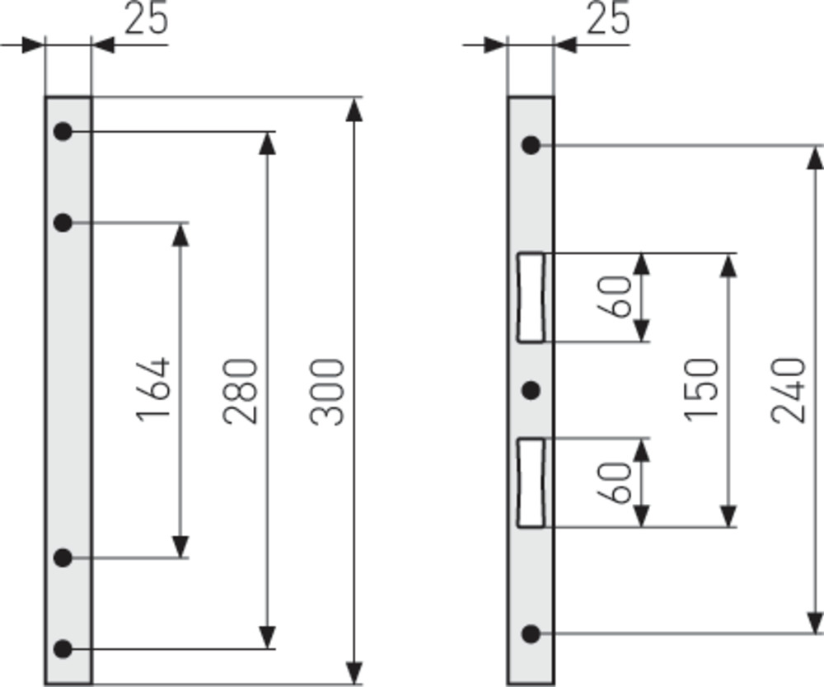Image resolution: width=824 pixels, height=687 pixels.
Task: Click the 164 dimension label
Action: pos(153,390)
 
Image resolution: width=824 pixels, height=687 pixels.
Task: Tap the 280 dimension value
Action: pos(240,391)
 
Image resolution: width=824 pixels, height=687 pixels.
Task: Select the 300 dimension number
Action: pos(327,392)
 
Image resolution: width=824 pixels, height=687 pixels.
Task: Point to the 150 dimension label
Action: pos(701,389)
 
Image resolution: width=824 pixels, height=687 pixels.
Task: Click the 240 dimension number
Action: pos(789,390)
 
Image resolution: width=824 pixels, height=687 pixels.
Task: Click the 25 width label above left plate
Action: pos(147,18)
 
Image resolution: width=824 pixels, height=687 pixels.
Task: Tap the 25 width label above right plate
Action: pos(608,18)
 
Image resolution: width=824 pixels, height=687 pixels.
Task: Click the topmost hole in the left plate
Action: pos(63,131)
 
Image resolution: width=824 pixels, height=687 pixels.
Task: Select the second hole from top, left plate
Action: pos(63,223)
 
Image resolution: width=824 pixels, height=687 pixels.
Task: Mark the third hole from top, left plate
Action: pos(63,558)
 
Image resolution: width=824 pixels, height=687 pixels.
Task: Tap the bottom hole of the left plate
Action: pos(63,649)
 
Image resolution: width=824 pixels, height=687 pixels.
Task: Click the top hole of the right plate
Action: pos(531,145)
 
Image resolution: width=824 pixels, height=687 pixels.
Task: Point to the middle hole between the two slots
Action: pos(531,390)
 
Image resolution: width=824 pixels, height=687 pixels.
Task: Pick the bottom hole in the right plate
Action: pos(531,634)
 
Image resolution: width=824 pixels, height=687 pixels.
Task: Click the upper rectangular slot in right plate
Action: pos(531,298)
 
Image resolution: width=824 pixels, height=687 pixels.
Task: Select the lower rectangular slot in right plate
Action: pos(531,482)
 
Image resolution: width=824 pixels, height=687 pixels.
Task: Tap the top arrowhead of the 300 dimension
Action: pos(354,110)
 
